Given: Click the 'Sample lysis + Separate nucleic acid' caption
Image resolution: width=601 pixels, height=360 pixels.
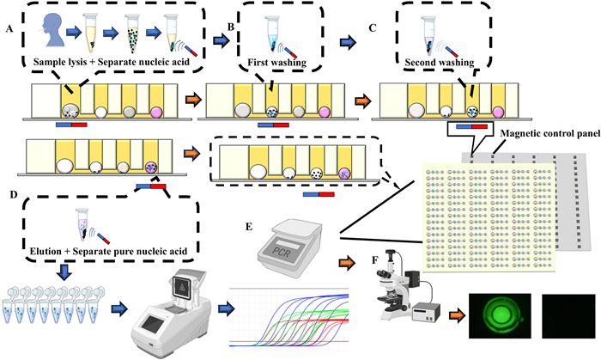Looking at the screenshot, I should (x=104, y=63).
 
